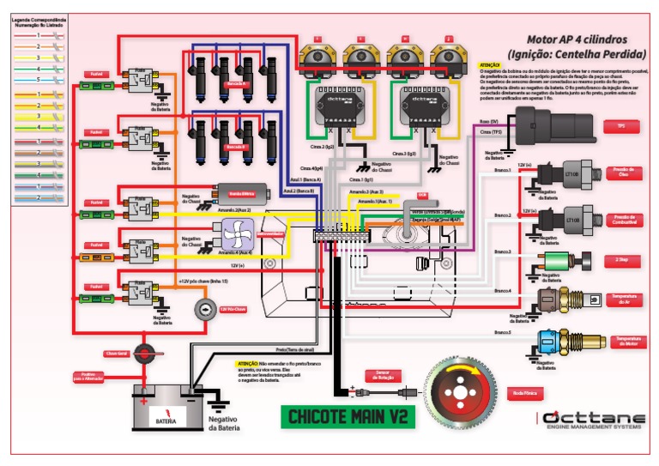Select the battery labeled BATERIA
[x=166, y=411]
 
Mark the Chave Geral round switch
[x=146, y=352]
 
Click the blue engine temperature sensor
[x=550, y=340]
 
